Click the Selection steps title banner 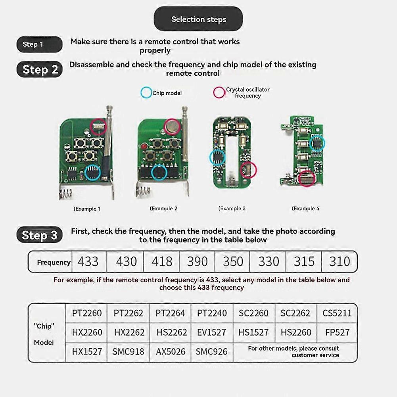coord(198,19)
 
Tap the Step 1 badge coord(39,44)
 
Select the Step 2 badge coord(40,69)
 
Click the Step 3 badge coord(40,235)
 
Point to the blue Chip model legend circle coord(146,93)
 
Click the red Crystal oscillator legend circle coord(219,92)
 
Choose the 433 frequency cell coord(88,262)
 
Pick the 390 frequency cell coord(197,262)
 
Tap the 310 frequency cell coord(339,262)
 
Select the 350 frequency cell coord(233,262)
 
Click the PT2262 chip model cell coord(128,313)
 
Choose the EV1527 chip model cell coord(212,332)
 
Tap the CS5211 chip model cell coord(337,313)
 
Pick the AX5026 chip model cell coord(170,351)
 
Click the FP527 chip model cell coord(337,332)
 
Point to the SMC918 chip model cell coord(128,351)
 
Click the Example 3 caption coord(232,209)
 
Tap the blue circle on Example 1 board coord(92,173)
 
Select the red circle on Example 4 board coord(307,178)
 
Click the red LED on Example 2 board coord(144,147)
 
